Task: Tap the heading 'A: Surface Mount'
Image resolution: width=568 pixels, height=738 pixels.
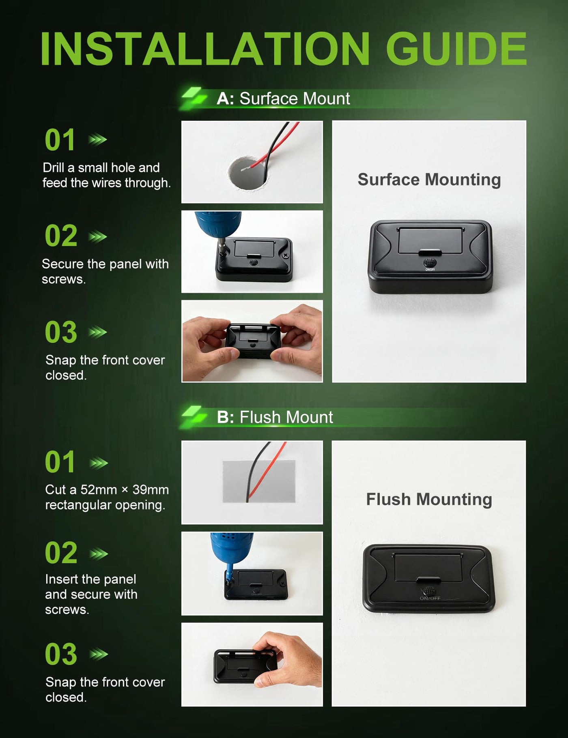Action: click(x=283, y=99)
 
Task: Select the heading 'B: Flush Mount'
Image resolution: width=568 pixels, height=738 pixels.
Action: click(x=275, y=417)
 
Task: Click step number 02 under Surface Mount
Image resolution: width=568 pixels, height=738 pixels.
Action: click(x=61, y=236)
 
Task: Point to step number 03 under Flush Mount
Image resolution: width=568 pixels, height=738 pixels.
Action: click(x=61, y=654)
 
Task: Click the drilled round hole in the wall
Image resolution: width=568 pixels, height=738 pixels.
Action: click(x=248, y=173)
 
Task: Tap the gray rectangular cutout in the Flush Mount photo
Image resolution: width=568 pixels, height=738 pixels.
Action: click(x=259, y=481)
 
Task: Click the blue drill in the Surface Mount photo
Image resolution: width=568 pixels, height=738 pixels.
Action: click(x=219, y=227)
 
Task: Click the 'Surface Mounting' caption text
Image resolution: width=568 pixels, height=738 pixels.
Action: click(x=429, y=180)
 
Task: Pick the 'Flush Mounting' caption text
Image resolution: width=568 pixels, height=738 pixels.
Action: click(x=429, y=499)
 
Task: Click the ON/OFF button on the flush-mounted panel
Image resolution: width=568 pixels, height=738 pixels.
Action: click(x=429, y=590)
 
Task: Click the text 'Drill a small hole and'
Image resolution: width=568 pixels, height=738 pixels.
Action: click(x=101, y=167)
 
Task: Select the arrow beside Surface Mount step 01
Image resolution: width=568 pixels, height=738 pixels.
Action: click(x=98, y=140)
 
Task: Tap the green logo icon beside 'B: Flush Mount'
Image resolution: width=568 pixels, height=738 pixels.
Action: click(x=194, y=416)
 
